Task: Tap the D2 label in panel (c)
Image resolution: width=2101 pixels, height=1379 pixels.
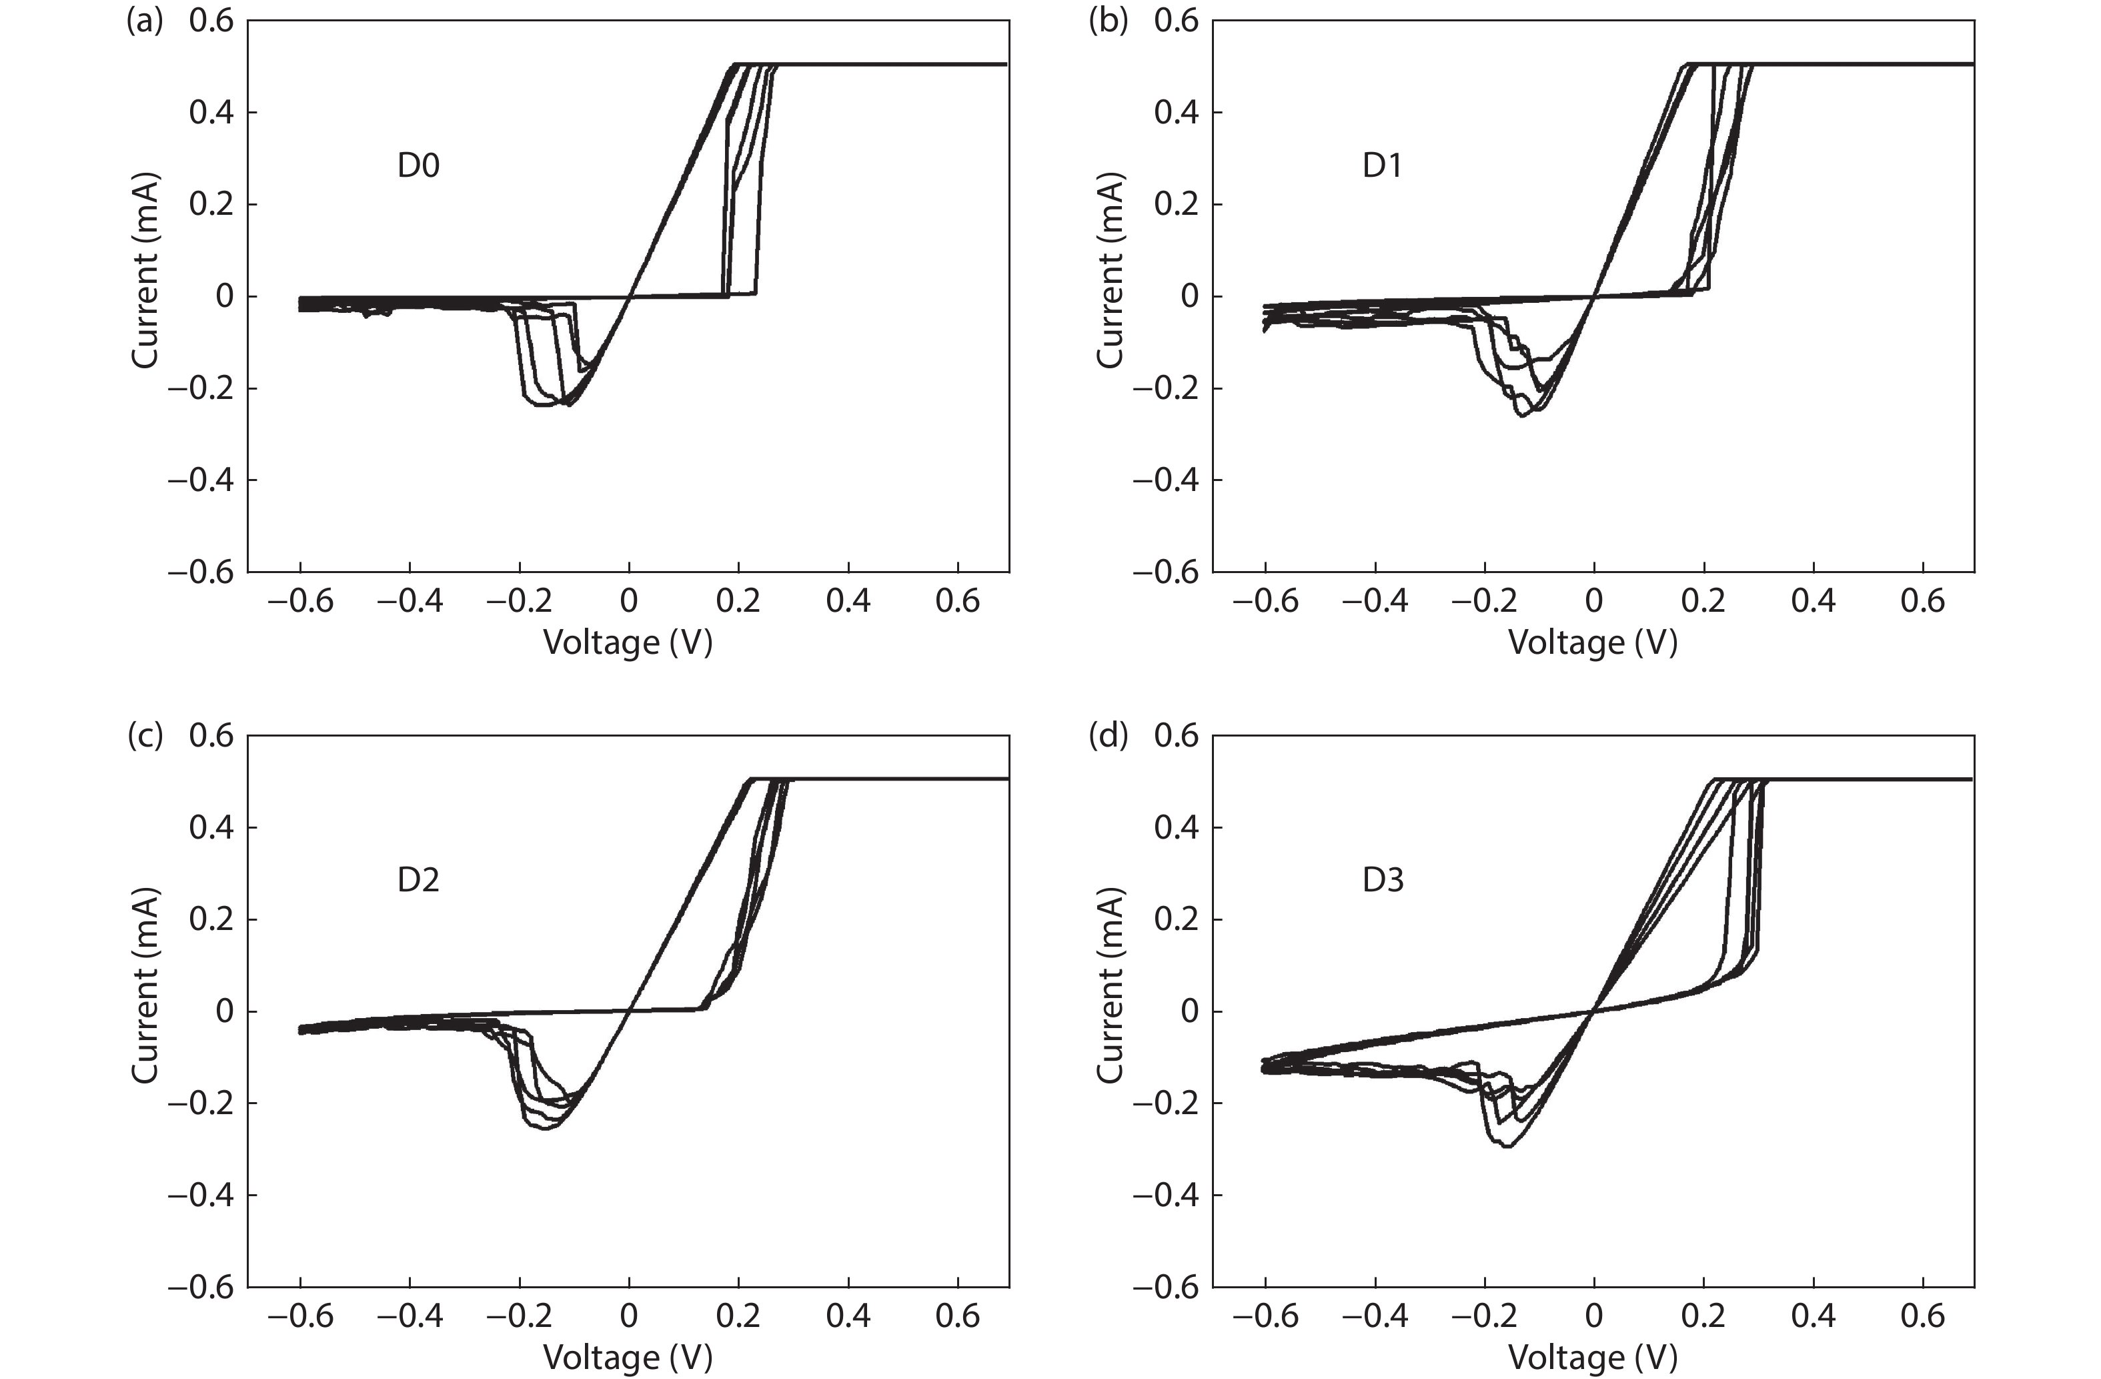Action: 418,880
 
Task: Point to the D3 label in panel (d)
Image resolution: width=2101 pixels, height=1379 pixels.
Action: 1383,880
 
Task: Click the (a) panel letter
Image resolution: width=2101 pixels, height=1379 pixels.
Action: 144,20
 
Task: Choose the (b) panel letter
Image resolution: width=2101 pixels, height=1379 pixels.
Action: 1108,20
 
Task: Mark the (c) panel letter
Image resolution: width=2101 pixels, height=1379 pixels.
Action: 144,735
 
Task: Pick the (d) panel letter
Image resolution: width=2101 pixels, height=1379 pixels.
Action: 1108,735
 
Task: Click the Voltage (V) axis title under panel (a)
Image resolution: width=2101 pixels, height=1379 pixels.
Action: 628,642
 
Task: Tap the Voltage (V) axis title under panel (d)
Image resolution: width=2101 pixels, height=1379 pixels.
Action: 1593,1357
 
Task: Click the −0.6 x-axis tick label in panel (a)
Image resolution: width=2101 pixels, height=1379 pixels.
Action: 300,601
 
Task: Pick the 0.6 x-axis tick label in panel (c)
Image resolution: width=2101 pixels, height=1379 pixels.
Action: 958,1316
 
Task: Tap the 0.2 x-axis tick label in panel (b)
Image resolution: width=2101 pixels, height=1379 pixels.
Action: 1703,601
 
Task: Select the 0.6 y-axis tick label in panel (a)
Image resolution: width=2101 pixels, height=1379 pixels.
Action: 212,20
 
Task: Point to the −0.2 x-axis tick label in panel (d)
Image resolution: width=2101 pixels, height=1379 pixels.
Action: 1485,1316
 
